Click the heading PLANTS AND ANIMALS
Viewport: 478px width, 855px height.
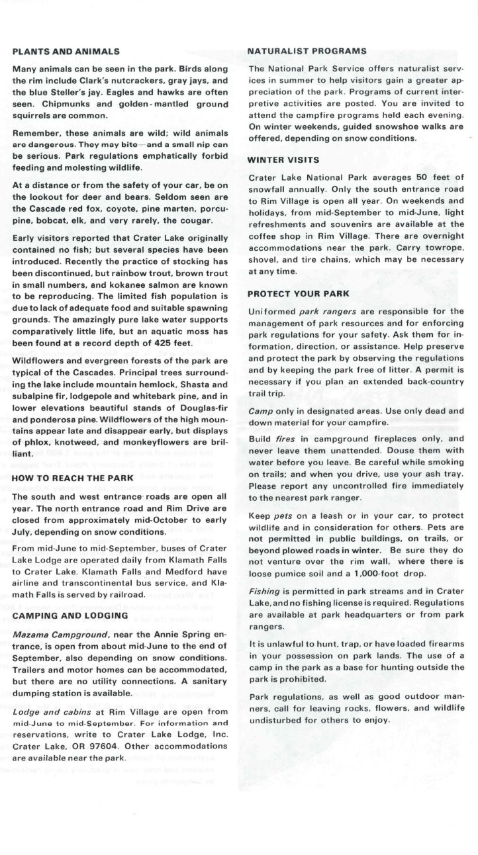click(66, 51)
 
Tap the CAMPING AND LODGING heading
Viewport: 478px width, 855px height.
click(70, 615)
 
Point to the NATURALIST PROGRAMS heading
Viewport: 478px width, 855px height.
click(307, 51)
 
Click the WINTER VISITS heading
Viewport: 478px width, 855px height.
click(283, 160)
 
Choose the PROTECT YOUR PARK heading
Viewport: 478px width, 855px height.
click(298, 293)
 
